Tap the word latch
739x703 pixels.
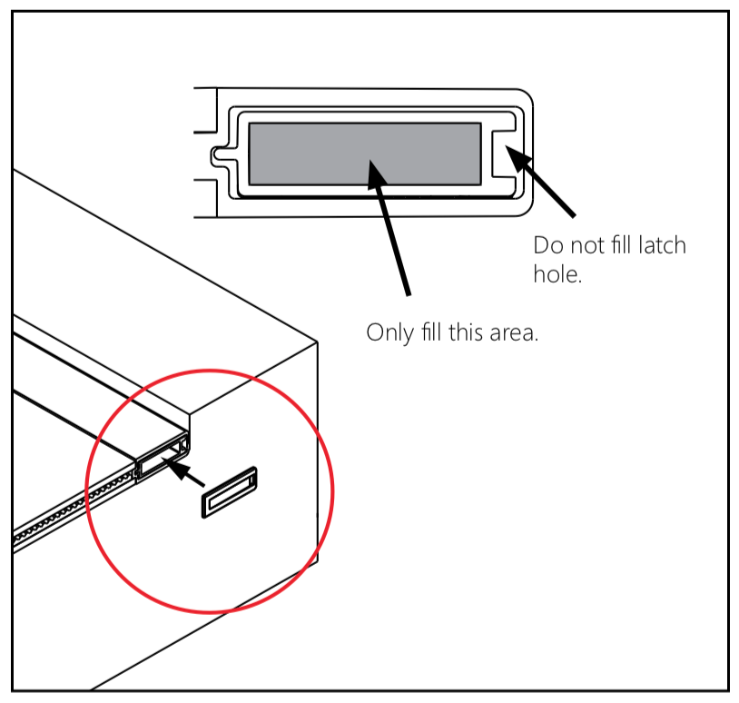[x=661, y=245]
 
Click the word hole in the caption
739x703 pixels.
[x=555, y=273]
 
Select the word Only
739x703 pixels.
[x=388, y=332]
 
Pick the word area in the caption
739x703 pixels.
[x=512, y=332]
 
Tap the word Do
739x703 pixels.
[x=547, y=245]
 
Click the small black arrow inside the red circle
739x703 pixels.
[x=185, y=472]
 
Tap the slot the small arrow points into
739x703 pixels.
[x=159, y=458]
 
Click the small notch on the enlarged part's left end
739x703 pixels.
[x=218, y=153]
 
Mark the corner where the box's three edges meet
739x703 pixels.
[x=318, y=343]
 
